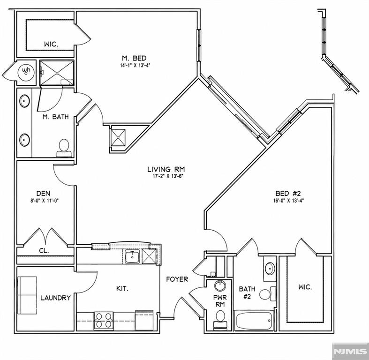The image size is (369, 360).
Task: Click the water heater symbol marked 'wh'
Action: tap(26, 71)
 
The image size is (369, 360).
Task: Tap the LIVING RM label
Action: tap(166, 169)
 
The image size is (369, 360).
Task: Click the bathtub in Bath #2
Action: tap(254, 321)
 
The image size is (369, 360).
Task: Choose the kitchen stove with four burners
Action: tap(104, 320)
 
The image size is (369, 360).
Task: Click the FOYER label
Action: tap(177, 279)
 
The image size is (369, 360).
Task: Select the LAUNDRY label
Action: tap(55, 298)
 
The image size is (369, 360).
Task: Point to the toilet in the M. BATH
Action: tap(64, 148)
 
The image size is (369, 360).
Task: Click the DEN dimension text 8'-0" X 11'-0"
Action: tap(44, 201)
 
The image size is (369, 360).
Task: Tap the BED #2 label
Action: tap(288, 194)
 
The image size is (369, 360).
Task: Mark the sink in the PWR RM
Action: tap(220, 285)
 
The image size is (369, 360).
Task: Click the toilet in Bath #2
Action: tap(268, 293)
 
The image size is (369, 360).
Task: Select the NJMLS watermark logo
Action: tap(350, 351)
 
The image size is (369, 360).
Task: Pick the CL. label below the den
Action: tap(44, 251)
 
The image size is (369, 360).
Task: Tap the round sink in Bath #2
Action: tap(270, 269)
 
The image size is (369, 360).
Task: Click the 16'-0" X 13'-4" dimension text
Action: tap(288, 201)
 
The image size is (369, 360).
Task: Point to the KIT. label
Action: tap(122, 288)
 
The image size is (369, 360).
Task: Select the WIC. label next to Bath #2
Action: tap(305, 287)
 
